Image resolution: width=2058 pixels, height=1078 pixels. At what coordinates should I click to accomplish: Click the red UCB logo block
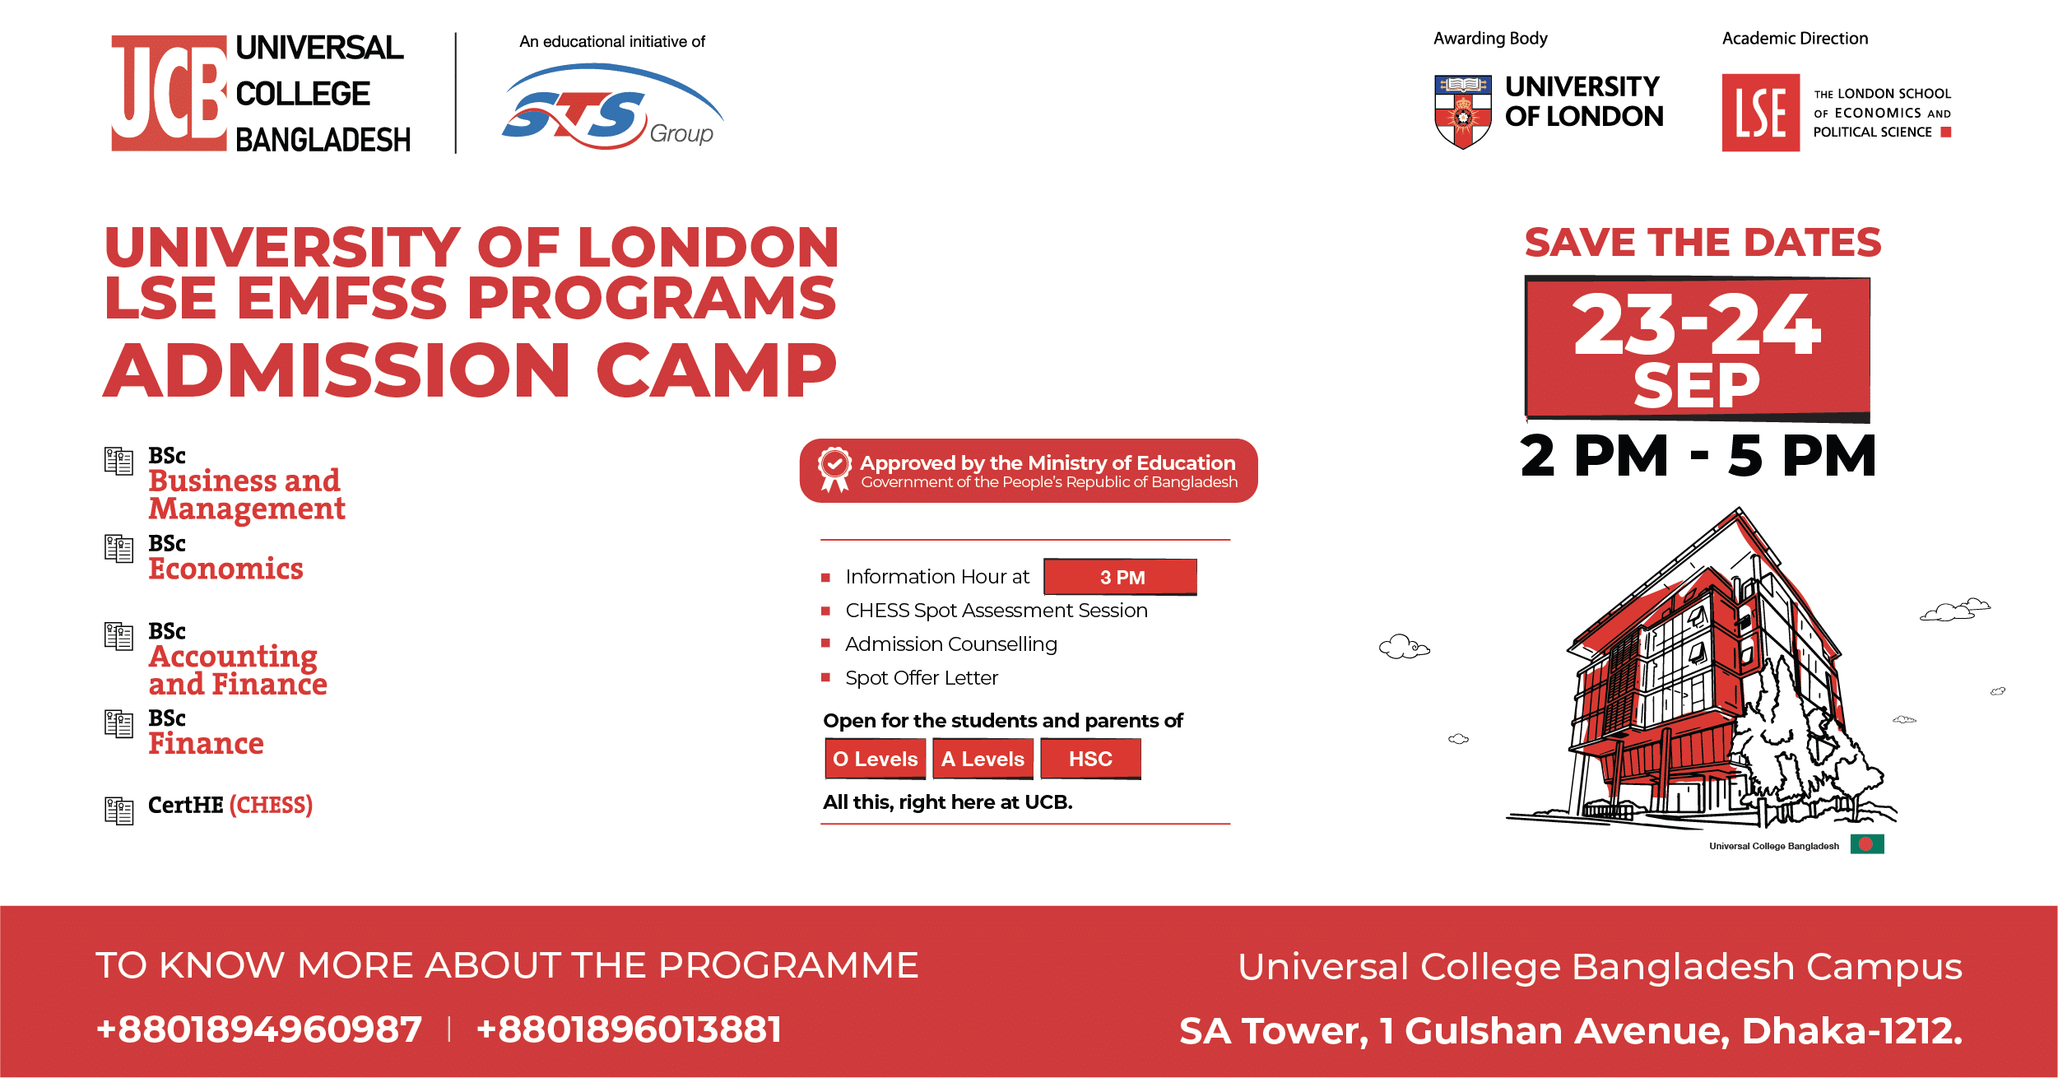(x=169, y=93)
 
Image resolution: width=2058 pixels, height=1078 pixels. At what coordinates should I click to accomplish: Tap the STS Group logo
(x=613, y=108)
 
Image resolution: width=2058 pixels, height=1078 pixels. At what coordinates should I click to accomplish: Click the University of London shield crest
(x=1462, y=112)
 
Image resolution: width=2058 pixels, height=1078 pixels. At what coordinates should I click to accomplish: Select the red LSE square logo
(x=1760, y=113)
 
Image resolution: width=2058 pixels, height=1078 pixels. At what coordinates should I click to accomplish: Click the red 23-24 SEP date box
(x=1698, y=349)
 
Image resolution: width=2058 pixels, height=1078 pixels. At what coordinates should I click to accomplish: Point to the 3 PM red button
(x=1120, y=577)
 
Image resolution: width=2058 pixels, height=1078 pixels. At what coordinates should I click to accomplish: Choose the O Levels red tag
(x=876, y=759)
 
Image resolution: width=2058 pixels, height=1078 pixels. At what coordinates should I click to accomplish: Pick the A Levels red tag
(x=983, y=759)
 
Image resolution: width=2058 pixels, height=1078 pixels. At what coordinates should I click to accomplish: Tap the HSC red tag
(x=1090, y=759)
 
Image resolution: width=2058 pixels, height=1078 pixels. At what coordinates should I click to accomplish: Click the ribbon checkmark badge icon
(x=834, y=469)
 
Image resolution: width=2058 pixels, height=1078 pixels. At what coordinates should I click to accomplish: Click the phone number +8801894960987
(x=258, y=1029)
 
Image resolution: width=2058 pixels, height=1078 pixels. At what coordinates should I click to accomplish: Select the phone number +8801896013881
(x=629, y=1029)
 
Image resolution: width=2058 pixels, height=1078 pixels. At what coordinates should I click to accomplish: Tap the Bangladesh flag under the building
(x=1867, y=844)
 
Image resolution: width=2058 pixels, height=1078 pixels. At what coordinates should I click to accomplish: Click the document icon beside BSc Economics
(x=119, y=549)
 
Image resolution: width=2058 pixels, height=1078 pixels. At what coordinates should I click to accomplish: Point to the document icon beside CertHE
(x=119, y=811)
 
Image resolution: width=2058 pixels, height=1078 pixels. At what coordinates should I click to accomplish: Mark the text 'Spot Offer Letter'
(x=922, y=678)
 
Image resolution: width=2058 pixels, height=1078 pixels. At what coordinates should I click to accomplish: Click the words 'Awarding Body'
(x=1490, y=39)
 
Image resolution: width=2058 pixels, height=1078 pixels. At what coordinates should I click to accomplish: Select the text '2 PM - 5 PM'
(x=1698, y=456)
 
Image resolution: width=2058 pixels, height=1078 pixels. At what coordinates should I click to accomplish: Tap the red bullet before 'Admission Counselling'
(x=825, y=644)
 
